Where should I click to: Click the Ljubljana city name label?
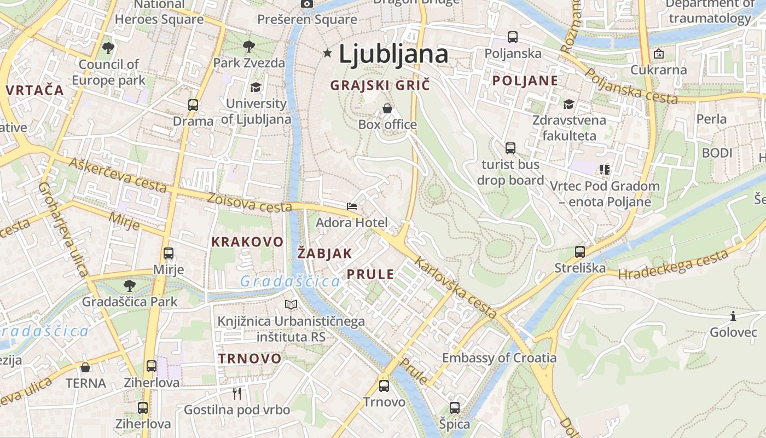click(x=393, y=54)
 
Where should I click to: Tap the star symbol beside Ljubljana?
click(x=328, y=53)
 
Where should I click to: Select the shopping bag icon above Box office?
click(x=387, y=108)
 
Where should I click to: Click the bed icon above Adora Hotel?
click(x=352, y=206)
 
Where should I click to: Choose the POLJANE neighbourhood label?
click(x=525, y=81)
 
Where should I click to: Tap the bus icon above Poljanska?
click(x=513, y=37)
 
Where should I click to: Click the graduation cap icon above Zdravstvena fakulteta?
click(x=569, y=104)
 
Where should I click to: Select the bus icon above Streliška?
click(x=580, y=252)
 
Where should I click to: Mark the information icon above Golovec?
click(x=733, y=316)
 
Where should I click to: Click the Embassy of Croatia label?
click(x=499, y=358)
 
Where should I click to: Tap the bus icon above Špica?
click(x=455, y=408)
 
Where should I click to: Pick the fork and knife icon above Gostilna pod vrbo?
click(x=237, y=393)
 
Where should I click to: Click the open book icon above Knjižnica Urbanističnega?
click(x=291, y=304)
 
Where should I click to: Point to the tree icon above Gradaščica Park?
click(x=130, y=285)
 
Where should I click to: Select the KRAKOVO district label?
click(x=247, y=242)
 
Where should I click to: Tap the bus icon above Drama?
click(x=193, y=105)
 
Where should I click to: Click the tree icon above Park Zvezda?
click(x=249, y=46)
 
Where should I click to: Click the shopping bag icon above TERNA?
click(x=85, y=367)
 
